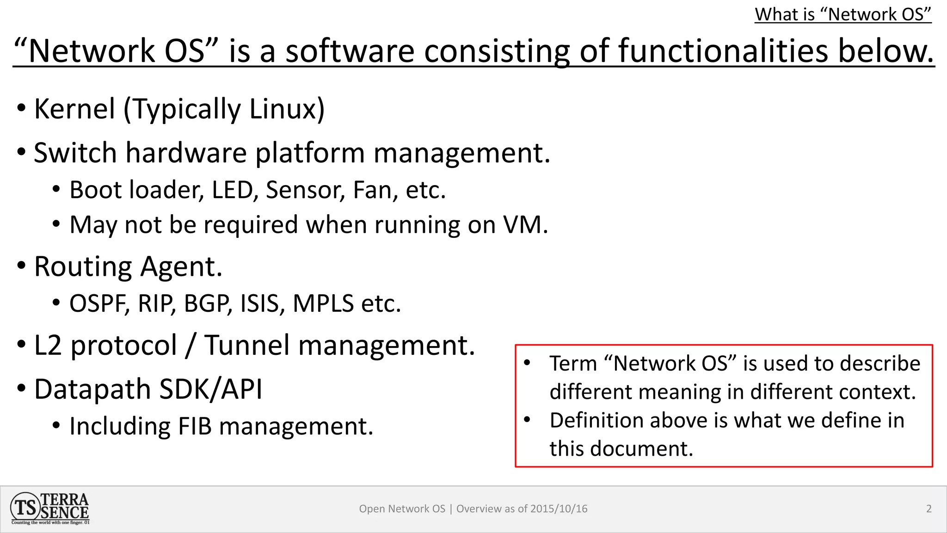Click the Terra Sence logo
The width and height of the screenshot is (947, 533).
tap(49, 508)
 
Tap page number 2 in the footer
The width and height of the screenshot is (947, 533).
tap(929, 509)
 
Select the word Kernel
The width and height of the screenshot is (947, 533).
tap(74, 109)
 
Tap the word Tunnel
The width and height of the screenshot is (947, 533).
tap(246, 345)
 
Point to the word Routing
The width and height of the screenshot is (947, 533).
tap(83, 267)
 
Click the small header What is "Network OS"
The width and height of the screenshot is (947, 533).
tap(842, 14)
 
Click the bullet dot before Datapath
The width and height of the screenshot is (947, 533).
tap(21, 389)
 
